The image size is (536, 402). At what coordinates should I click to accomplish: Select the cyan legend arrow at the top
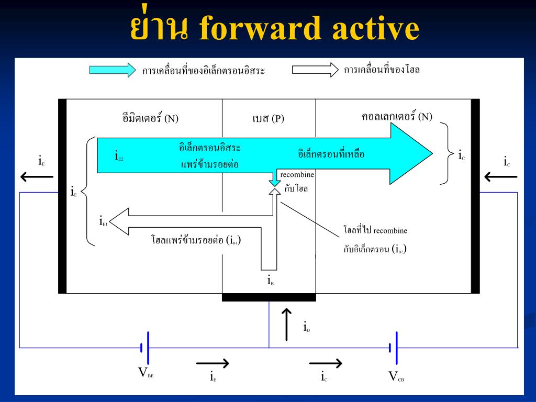113,70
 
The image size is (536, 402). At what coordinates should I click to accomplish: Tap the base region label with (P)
268,118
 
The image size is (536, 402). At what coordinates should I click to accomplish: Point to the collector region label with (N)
397,116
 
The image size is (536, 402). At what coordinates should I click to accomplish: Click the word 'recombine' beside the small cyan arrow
297,174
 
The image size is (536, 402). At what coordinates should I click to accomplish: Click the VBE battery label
146,373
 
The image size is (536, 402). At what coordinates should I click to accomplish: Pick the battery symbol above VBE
145,348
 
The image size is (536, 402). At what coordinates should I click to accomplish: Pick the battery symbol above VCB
393,348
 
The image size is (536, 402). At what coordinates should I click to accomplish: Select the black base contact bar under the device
269,297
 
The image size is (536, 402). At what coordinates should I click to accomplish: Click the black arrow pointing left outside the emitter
37,177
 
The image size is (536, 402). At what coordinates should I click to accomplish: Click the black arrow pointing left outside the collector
500,177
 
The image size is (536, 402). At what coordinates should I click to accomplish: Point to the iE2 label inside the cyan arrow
119,155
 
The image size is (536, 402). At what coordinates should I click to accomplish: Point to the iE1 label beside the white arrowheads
103,221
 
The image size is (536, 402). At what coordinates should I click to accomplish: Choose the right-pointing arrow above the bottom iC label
326,363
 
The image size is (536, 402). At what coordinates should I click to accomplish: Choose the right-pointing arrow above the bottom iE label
213,363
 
